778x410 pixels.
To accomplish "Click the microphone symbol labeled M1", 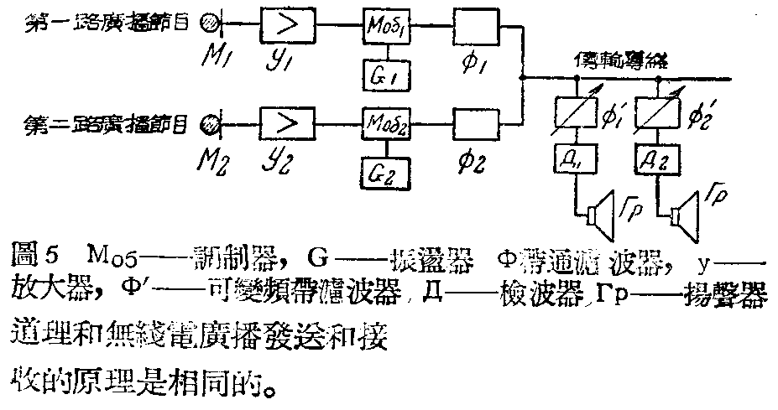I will pyautogui.click(x=205, y=24).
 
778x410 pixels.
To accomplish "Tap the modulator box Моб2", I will pyautogui.click(x=384, y=124).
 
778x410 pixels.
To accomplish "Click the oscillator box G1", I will pyautogui.click(x=384, y=76).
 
